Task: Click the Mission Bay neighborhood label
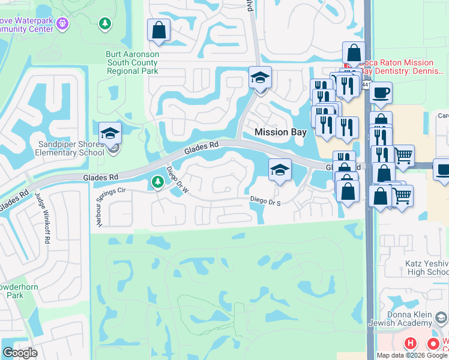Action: (280, 132)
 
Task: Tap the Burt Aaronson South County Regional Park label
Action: (132, 62)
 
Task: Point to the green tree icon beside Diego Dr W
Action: (158, 181)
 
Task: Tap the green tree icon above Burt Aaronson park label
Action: (106, 23)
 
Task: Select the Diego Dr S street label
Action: (266, 202)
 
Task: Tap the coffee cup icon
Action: (381, 93)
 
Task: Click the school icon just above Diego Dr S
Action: (279, 170)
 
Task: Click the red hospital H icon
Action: (411, 344)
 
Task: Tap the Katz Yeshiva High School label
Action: (427, 268)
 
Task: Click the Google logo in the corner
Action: (20, 353)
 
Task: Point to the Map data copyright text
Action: (412, 355)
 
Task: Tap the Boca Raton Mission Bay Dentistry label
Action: (396, 67)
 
